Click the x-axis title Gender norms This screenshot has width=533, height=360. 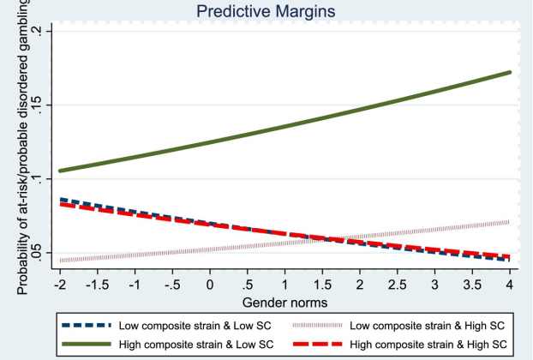tap(284, 303)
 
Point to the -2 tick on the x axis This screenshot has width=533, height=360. tap(59, 284)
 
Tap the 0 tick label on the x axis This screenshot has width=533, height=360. tap(210, 284)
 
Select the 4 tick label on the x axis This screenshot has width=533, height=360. tap(511, 284)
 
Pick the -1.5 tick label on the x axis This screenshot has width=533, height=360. tap(97, 284)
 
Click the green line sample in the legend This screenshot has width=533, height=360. tap(87, 344)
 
